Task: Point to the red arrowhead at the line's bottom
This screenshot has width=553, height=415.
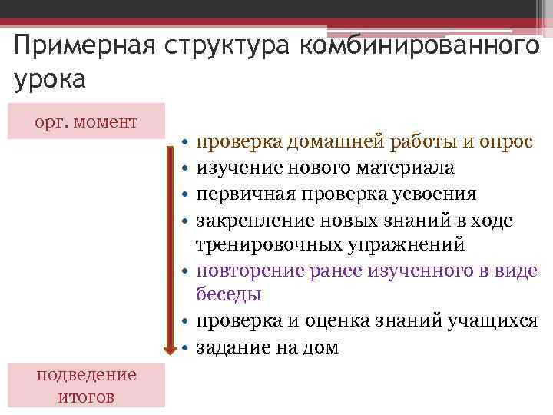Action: point(170,348)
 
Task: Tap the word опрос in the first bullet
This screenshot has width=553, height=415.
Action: point(508,142)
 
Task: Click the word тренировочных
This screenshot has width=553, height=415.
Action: point(265,244)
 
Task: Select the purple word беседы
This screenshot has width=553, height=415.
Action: point(229,294)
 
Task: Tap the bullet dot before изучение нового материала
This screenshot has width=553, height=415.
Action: point(185,168)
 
